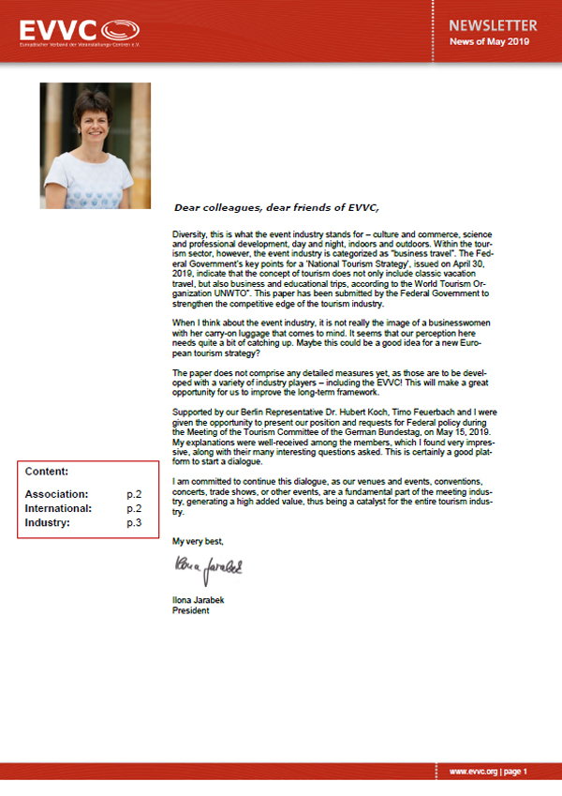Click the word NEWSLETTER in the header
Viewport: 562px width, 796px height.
tap(494, 25)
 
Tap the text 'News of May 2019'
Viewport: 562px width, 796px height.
tap(488, 42)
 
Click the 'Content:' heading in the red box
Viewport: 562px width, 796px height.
tap(46, 472)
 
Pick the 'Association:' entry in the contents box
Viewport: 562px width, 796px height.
tap(56, 493)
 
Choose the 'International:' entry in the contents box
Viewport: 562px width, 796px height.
tap(58, 508)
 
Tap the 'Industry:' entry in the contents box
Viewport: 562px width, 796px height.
tap(47, 522)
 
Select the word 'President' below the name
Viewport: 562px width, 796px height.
tap(191, 610)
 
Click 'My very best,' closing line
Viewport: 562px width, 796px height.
tap(199, 541)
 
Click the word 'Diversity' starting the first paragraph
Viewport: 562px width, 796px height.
tap(192, 231)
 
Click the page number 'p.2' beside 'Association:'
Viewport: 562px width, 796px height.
tap(134, 493)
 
